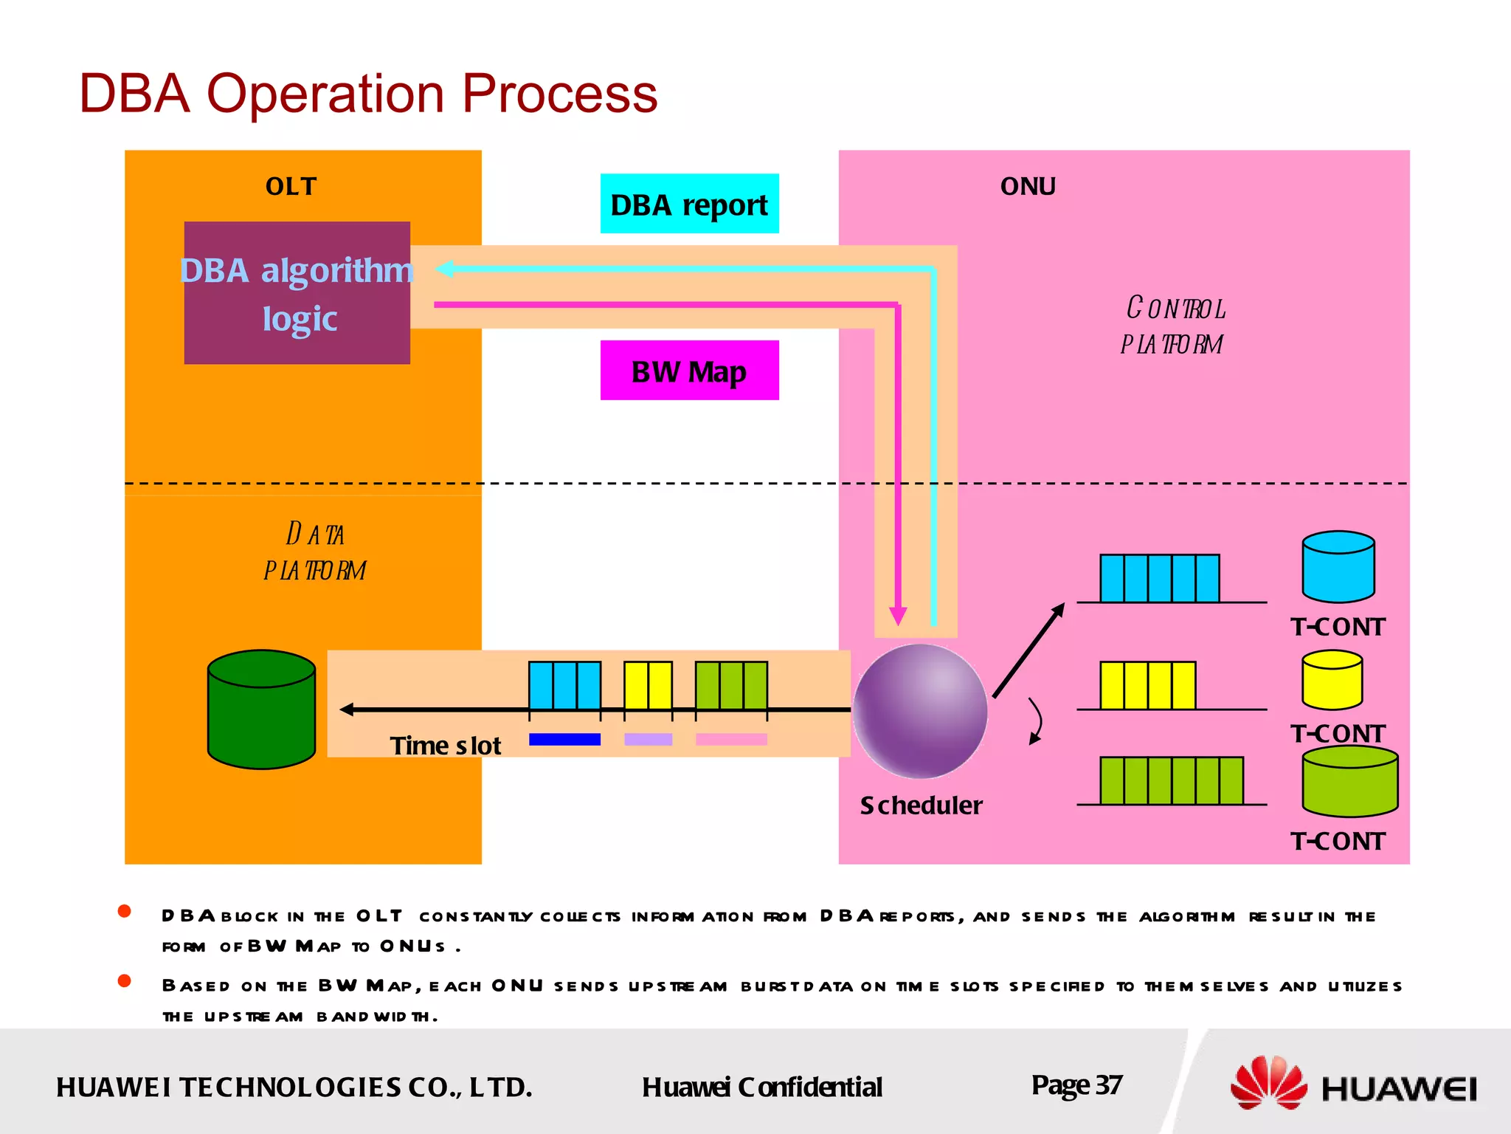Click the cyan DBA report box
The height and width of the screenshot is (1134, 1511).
pyautogui.click(x=689, y=204)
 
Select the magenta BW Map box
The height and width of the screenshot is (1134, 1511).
pyautogui.click(x=689, y=371)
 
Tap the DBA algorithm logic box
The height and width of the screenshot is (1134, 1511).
pyautogui.click(x=297, y=293)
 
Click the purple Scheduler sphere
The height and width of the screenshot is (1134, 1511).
pyautogui.click(x=920, y=711)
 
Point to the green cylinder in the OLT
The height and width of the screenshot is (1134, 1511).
pyautogui.click(x=261, y=710)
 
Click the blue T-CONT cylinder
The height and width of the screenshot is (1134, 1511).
pyautogui.click(x=1338, y=567)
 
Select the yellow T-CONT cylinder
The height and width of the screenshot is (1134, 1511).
pyautogui.click(x=1332, y=680)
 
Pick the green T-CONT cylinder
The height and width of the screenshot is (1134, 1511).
pyautogui.click(x=1349, y=782)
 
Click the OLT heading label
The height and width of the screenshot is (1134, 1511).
pyautogui.click(x=291, y=187)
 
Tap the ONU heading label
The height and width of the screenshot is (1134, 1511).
pyautogui.click(x=1028, y=187)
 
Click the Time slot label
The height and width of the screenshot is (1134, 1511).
pyautogui.click(x=445, y=746)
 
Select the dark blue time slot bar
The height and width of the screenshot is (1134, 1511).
pyautogui.click(x=564, y=739)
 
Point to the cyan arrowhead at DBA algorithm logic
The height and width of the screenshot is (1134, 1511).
pyautogui.click(x=444, y=269)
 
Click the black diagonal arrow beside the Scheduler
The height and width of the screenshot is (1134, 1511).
pyautogui.click(x=1028, y=650)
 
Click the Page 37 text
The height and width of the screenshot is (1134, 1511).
pyautogui.click(x=1076, y=1085)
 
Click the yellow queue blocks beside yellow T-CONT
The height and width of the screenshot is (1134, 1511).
pyautogui.click(x=1147, y=685)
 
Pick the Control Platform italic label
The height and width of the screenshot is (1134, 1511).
pyautogui.click(x=1173, y=326)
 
